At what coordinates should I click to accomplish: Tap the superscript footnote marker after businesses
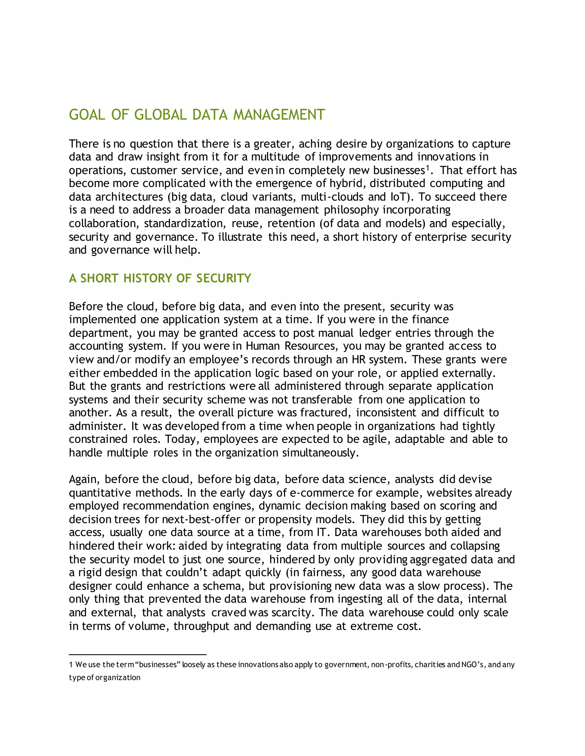click(427, 168)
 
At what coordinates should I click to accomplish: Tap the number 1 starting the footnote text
click(71, 665)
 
